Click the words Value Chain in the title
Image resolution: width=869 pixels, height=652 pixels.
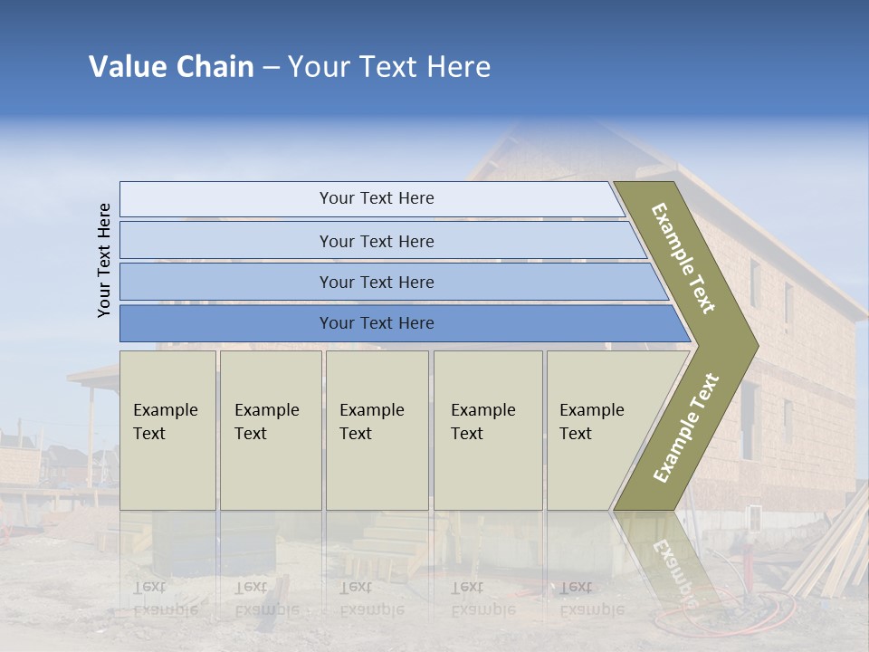171,67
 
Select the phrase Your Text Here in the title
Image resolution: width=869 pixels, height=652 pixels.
389,67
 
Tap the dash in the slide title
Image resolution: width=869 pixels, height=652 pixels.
271,68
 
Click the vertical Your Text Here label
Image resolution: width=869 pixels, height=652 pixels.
104,260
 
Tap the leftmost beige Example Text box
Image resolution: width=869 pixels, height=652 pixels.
167,430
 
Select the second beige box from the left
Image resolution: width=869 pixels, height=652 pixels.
271,430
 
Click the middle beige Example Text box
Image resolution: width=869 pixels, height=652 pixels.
377,430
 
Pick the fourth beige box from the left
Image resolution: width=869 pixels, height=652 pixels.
488,430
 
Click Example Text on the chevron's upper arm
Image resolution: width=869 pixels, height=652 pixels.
683,258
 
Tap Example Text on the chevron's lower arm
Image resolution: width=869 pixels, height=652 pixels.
686,427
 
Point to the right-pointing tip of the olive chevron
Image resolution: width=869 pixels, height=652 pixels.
753,345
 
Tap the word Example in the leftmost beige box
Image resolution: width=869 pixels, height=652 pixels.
165,410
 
